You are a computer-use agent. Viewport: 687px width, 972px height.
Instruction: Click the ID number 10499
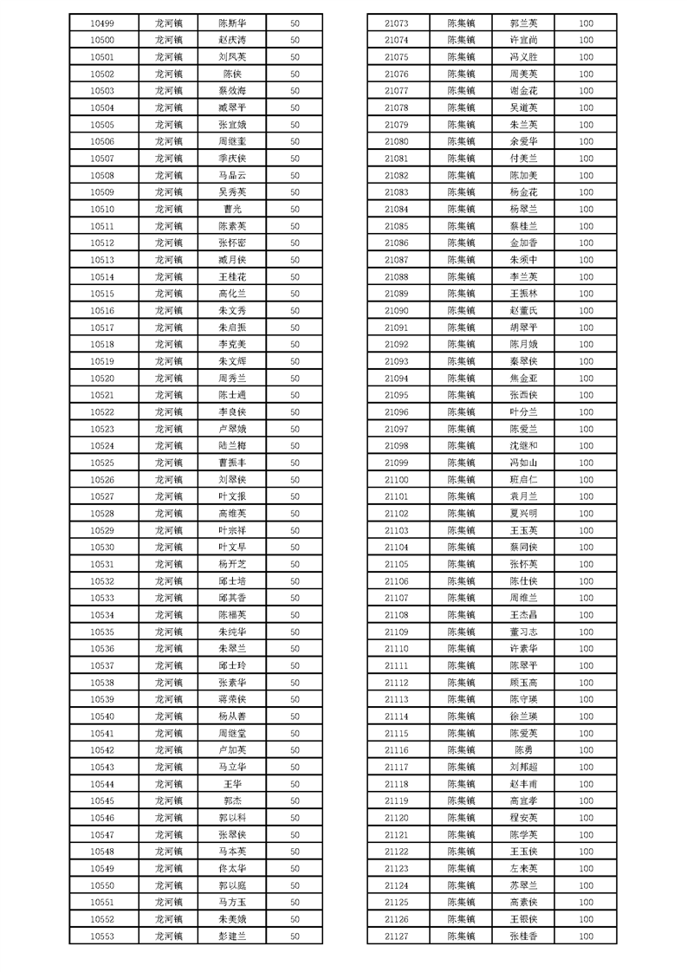(102, 23)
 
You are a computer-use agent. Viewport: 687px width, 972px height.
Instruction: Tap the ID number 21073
(396, 23)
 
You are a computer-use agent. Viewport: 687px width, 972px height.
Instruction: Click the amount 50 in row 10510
(295, 210)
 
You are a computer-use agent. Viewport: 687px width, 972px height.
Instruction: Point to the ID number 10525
(102, 463)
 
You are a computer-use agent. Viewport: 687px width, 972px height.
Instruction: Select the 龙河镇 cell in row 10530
(169, 548)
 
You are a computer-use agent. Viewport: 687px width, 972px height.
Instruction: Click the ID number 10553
(102, 936)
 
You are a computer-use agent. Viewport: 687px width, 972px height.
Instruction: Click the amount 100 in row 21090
(587, 311)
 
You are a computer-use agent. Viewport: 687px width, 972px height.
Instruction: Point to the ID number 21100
(396, 480)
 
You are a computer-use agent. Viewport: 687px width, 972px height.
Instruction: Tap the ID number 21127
(396, 936)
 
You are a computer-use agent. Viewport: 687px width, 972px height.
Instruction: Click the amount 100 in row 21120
(587, 818)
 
